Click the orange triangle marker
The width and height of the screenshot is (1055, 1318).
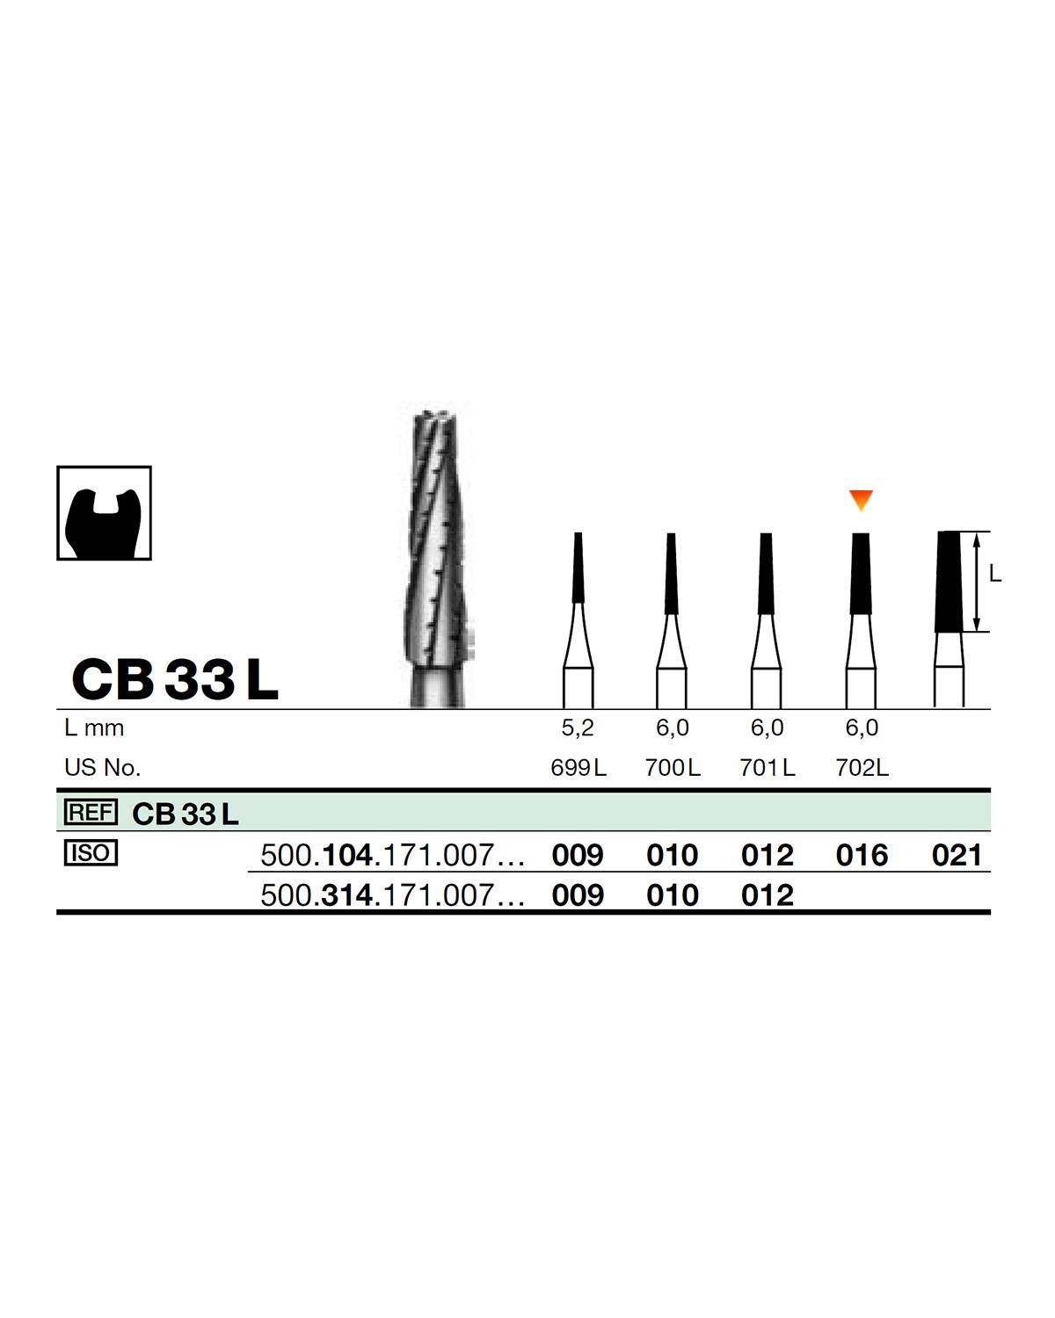[861, 500]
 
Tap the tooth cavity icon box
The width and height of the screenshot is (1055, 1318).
[104, 513]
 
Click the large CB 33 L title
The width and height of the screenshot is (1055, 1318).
[175, 679]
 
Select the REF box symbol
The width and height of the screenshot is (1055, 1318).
[91, 813]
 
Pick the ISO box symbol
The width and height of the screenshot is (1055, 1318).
[91, 853]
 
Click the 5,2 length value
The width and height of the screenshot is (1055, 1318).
[578, 728]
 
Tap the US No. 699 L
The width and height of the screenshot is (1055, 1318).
[578, 768]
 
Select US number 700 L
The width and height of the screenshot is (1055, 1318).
[673, 768]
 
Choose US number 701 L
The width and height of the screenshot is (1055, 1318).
[768, 768]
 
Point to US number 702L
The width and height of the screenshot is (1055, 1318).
[862, 768]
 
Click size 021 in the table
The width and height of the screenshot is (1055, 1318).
[957, 855]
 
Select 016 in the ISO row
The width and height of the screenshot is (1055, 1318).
[862, 855]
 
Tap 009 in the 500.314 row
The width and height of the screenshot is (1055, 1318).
[578, 895]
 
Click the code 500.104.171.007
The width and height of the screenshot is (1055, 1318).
[392, 855]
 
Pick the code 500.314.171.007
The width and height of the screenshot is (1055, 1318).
[392, 895]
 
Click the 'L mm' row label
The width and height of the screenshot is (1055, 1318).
[94, 728]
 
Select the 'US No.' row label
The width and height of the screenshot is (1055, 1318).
[102, 768]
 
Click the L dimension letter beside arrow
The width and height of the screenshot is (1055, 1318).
[994, 574]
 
